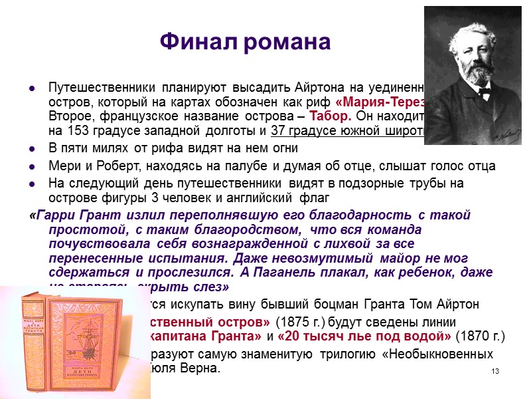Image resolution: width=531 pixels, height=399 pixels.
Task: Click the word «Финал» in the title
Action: coord(200,43)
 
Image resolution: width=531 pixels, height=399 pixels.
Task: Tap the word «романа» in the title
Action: coord(288,43)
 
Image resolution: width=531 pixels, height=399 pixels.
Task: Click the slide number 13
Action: coord(494,370)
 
